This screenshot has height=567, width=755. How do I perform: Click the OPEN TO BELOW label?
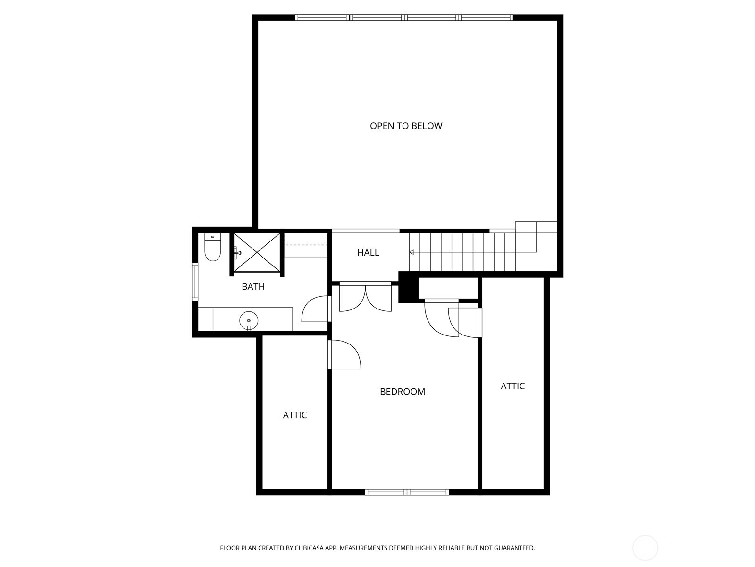(406, 126)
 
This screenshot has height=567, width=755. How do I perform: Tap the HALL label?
(368, 253)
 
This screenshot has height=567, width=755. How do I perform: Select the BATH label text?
(253, 286)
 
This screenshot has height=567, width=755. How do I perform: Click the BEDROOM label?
(403, 391)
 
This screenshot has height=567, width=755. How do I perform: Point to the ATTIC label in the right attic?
(512, 386)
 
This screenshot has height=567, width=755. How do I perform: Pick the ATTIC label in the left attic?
(295, 415)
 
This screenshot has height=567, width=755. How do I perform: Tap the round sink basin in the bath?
(249, 321)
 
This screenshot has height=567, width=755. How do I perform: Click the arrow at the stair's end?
(411, 252)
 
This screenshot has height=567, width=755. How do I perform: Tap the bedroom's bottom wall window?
(407, 492)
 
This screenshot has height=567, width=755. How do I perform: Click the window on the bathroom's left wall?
(194, 282)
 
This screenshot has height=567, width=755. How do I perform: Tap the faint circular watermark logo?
(645, 549)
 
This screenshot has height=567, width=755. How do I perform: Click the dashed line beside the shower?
(306, 245)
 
